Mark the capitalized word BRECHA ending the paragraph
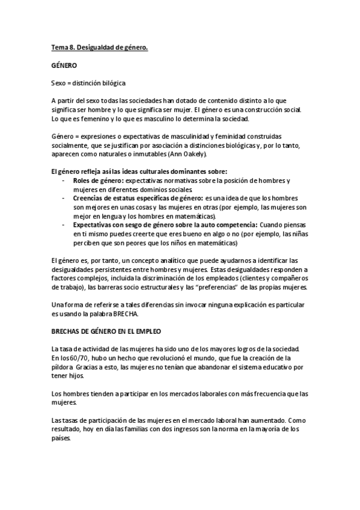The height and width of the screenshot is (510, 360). pyautogui.click(x=125, y=314)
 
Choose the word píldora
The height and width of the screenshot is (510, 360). pyautogui.click(x=64, y=367)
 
